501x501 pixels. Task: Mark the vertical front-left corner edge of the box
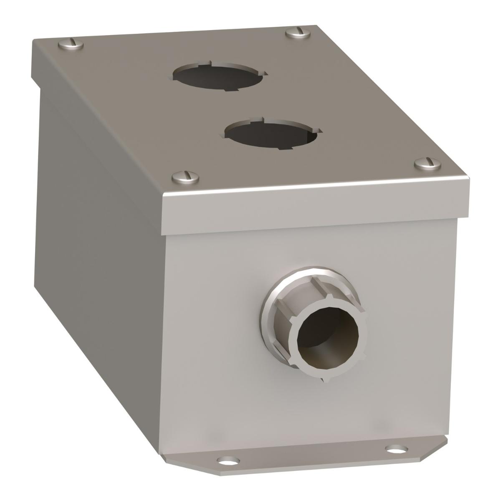[166, 334]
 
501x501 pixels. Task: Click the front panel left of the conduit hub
[213, 334]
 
